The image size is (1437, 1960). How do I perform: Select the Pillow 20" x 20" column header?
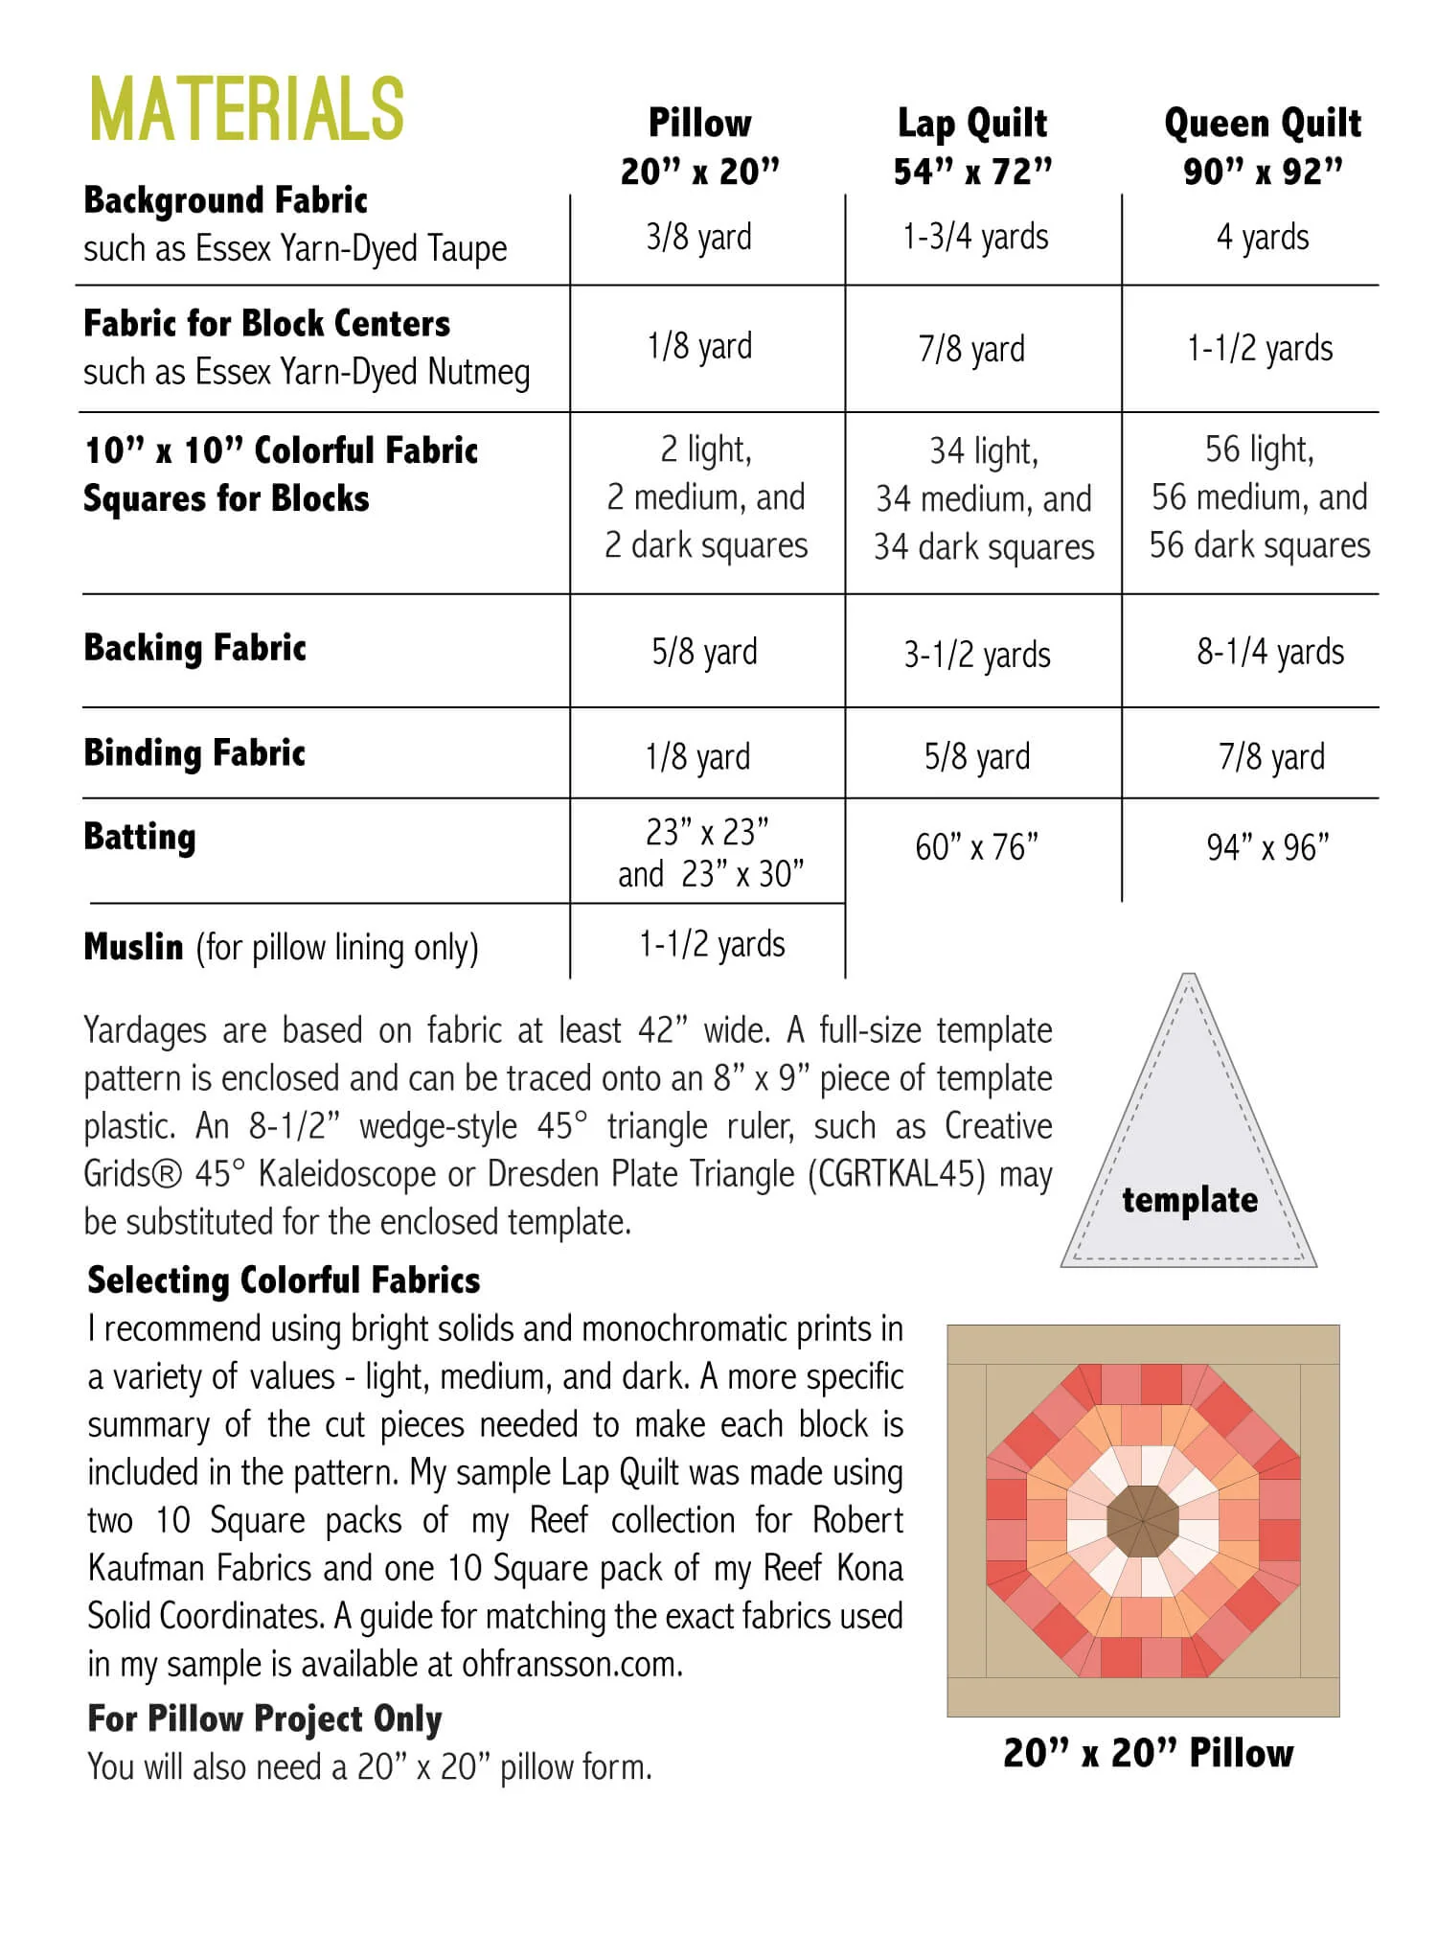click(x=699, y=147)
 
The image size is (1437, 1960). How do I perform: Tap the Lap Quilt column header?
click(x=972, y=147)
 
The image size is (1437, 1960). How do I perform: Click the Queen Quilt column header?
click(x=1263, y=147)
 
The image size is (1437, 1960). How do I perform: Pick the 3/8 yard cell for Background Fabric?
click(x=698, y=237)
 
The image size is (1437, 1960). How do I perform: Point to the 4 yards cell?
click(x=1263, y=237)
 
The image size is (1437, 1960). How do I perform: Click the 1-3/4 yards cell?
click(x=975, y=237)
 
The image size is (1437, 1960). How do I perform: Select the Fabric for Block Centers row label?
click(x=266, y=324)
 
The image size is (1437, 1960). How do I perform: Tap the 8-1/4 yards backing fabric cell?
click(x=1270, y=652)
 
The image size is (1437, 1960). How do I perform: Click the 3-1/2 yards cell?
click(x=977, y=655)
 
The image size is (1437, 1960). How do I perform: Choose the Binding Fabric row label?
click(x=194, y=752)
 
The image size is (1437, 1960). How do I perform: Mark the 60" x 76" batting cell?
click(x=976, y=847)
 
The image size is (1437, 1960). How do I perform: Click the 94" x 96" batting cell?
click(x=1267, y=847)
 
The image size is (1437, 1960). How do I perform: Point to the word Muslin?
click(x=133, y=947)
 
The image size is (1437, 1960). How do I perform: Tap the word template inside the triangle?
click(x=1190, y=1200)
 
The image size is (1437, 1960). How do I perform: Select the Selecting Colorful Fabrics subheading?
click(x=284, y=1280)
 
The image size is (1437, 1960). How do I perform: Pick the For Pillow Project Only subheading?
click(x=264, y=1718)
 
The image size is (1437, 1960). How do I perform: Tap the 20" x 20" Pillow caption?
click(x=1148, y=1753)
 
